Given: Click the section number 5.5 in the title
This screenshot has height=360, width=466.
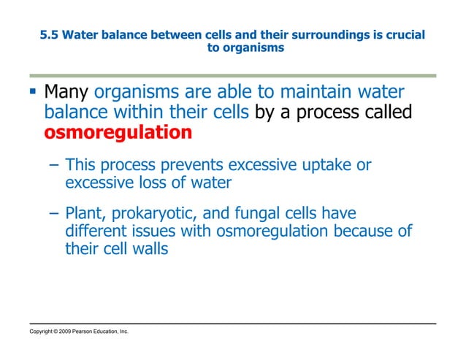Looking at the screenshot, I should point(48,35).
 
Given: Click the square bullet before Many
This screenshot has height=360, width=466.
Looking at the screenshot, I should point(33,93).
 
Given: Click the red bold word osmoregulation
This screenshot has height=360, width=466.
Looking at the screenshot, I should point(118,133).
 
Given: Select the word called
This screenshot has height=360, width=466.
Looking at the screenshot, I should point(386,113).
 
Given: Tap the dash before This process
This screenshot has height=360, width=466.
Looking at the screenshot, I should point(54,166).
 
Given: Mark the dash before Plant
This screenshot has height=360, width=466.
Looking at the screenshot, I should point(54,215).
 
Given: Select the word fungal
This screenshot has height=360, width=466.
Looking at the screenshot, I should point(268,215).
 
